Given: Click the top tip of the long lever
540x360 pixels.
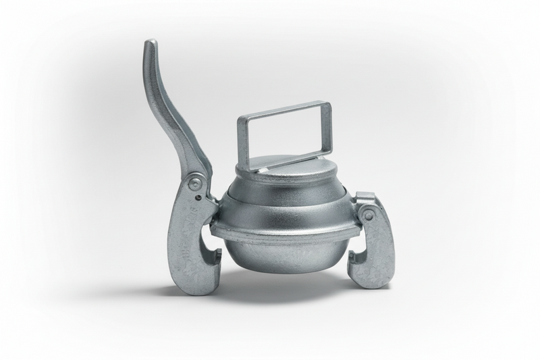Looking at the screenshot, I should pos(150,45).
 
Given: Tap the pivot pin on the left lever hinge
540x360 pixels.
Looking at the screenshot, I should pos(194,183).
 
